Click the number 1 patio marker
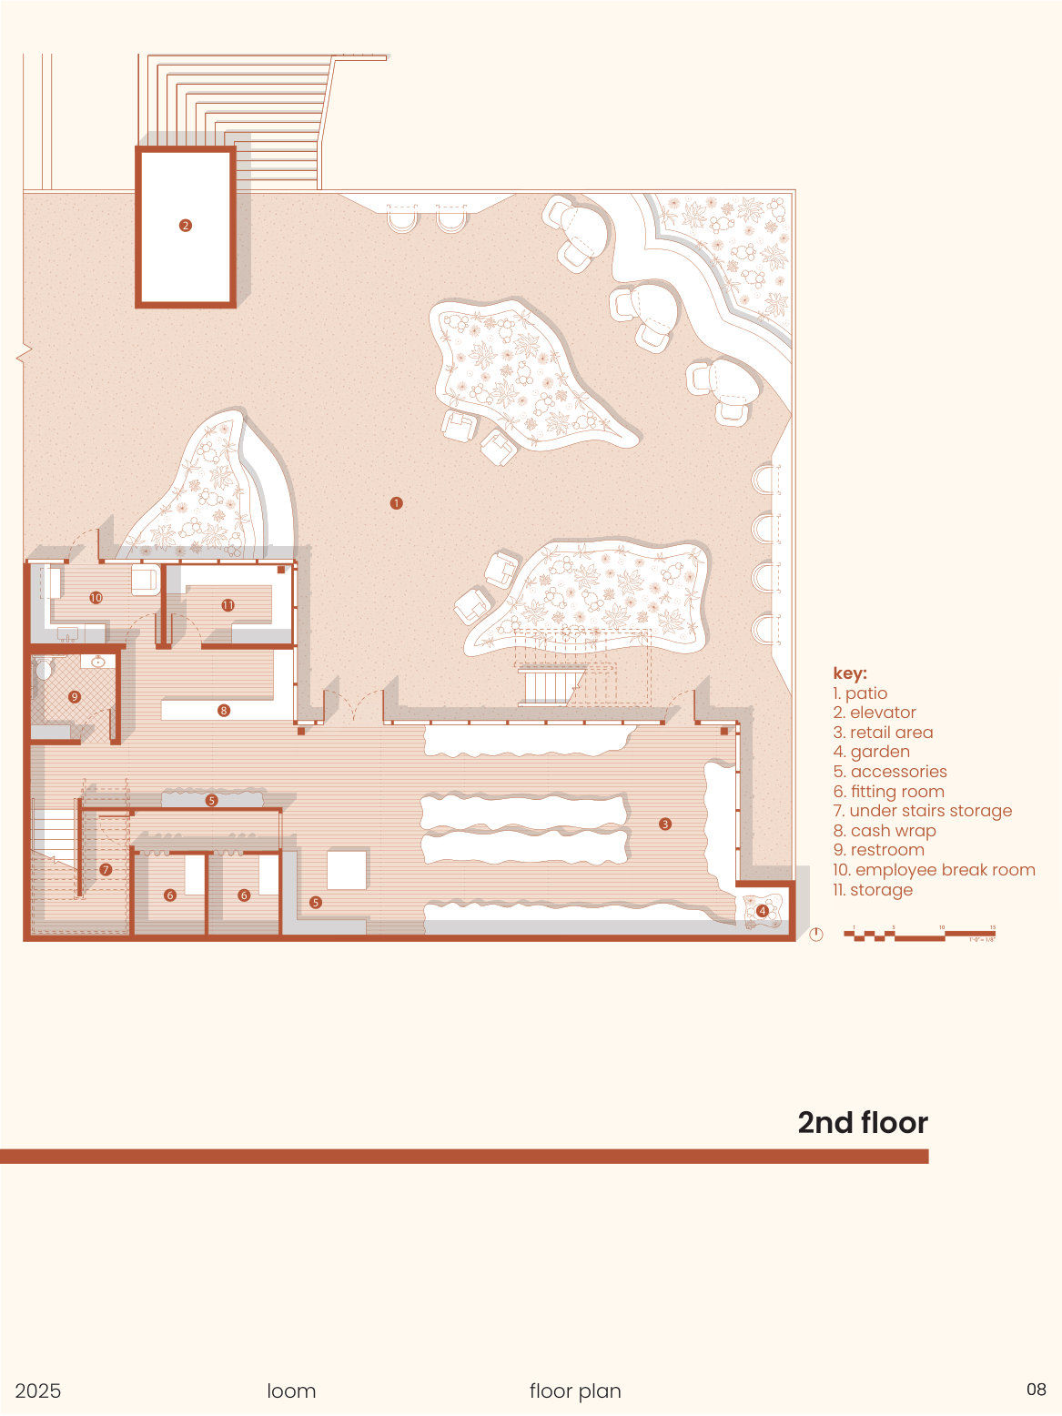click(396, 503)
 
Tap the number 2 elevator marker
click(186, 226)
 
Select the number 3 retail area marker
click(665, 824)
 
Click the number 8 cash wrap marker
click(224, 710)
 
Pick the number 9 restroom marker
click(75, 697)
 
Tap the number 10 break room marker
click(96, 598)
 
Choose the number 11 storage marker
click(228, 605)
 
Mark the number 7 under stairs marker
click(106, 870)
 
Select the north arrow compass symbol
click(816, 935)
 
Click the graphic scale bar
click(919, 934)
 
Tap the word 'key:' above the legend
click(850, 673)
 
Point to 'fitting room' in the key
click(889, 792)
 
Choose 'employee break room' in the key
click(935, 870)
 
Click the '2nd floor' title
click(863, 1123)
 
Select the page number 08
click(1037, 1390)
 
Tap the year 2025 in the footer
click(38, 1391)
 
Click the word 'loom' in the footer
click(291, 1391)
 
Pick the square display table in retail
click(347, 870)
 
